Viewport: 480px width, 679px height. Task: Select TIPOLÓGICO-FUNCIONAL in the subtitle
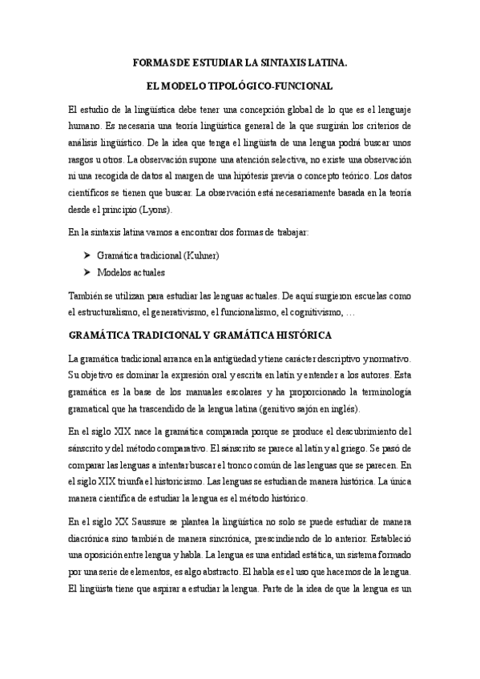(x=280, y=85)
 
